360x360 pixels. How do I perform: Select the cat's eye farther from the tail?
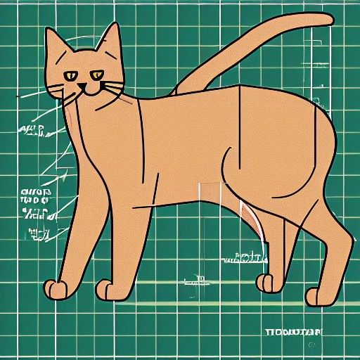click(70, 75)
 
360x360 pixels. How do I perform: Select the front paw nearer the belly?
click(105, 288)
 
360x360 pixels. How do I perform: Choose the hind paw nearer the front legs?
click(265, 283)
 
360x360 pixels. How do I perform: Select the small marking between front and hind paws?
click(198, 283)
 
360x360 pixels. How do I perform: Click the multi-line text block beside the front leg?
click(35, 204)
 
